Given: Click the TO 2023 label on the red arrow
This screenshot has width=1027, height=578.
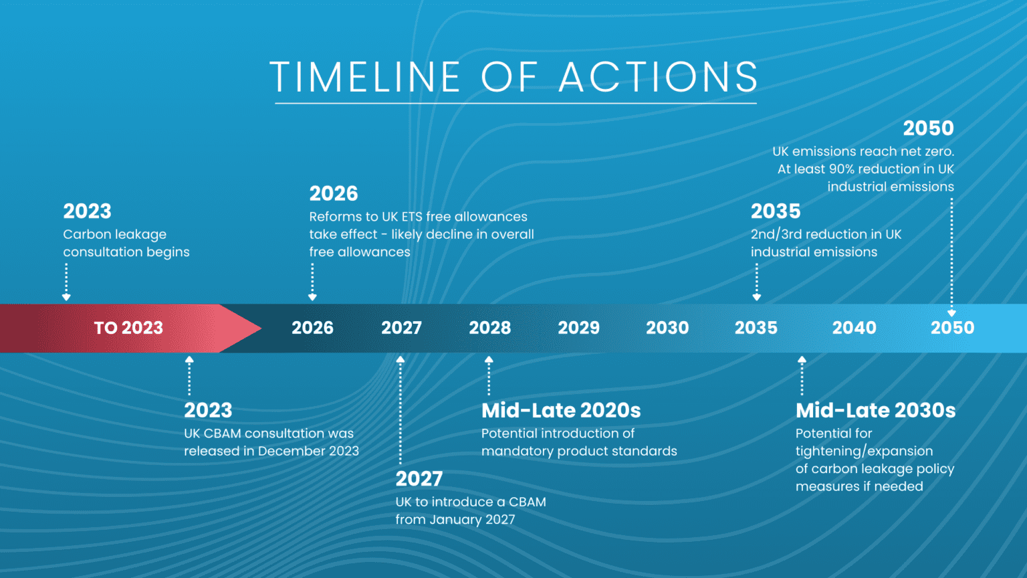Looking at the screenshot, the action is (x=128, y=328).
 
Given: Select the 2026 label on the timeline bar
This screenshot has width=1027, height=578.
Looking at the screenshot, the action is (x=312, y=328).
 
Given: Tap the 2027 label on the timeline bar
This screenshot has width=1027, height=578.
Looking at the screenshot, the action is (x=401, y=328).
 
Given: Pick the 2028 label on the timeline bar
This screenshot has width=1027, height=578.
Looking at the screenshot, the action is (x=489, y=328).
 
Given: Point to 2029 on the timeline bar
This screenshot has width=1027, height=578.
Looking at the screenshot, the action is (x=578, y=328).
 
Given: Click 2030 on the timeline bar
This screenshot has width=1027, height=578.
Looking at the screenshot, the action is (x=667, y=328).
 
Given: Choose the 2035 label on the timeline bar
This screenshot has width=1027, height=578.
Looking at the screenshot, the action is (x=756, y=328).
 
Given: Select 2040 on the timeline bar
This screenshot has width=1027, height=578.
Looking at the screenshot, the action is (x=854, y=328).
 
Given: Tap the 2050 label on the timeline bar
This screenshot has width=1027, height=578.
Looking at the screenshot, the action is (x=952, y=328).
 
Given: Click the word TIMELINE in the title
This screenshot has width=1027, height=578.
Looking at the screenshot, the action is (x=365, y=77).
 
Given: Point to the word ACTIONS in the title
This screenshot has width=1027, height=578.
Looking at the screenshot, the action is (x=659, y=77).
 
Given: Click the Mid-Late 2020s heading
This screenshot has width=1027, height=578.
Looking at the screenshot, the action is (x=561, y=411).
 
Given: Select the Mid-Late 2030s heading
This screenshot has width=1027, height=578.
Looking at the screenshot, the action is (x=875, y=411).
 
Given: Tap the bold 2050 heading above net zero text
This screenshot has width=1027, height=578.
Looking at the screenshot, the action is (x=929, y=128).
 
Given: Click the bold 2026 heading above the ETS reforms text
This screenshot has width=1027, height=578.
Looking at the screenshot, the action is (x=334, y=193).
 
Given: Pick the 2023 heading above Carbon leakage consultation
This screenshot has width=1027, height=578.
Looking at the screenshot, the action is (x=87, y=211).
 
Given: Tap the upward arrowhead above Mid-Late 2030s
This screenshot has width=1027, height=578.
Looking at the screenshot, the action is (x=802, y=360).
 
